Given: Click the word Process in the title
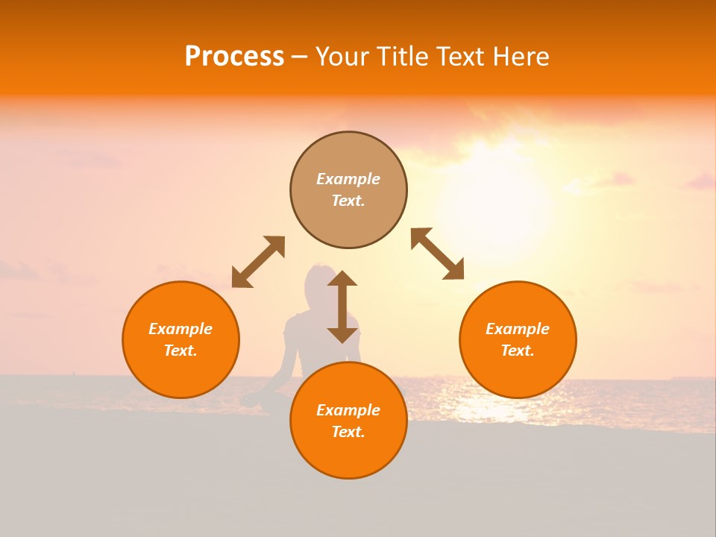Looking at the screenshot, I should tap(234, 57).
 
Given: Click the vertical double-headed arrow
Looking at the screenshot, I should tap(342, 307).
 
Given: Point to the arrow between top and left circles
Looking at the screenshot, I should tap(258, 262).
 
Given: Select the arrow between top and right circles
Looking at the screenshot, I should tap(437, 254).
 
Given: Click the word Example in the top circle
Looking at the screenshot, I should tap(348, 179).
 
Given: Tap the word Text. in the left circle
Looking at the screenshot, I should tap(180, 351).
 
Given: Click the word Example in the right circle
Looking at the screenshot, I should tap(518, 329).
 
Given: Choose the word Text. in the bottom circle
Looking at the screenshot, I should tap(348, 432).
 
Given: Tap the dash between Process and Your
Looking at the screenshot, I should tap(300, 57).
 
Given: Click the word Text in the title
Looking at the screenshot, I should tap(461, 57).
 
